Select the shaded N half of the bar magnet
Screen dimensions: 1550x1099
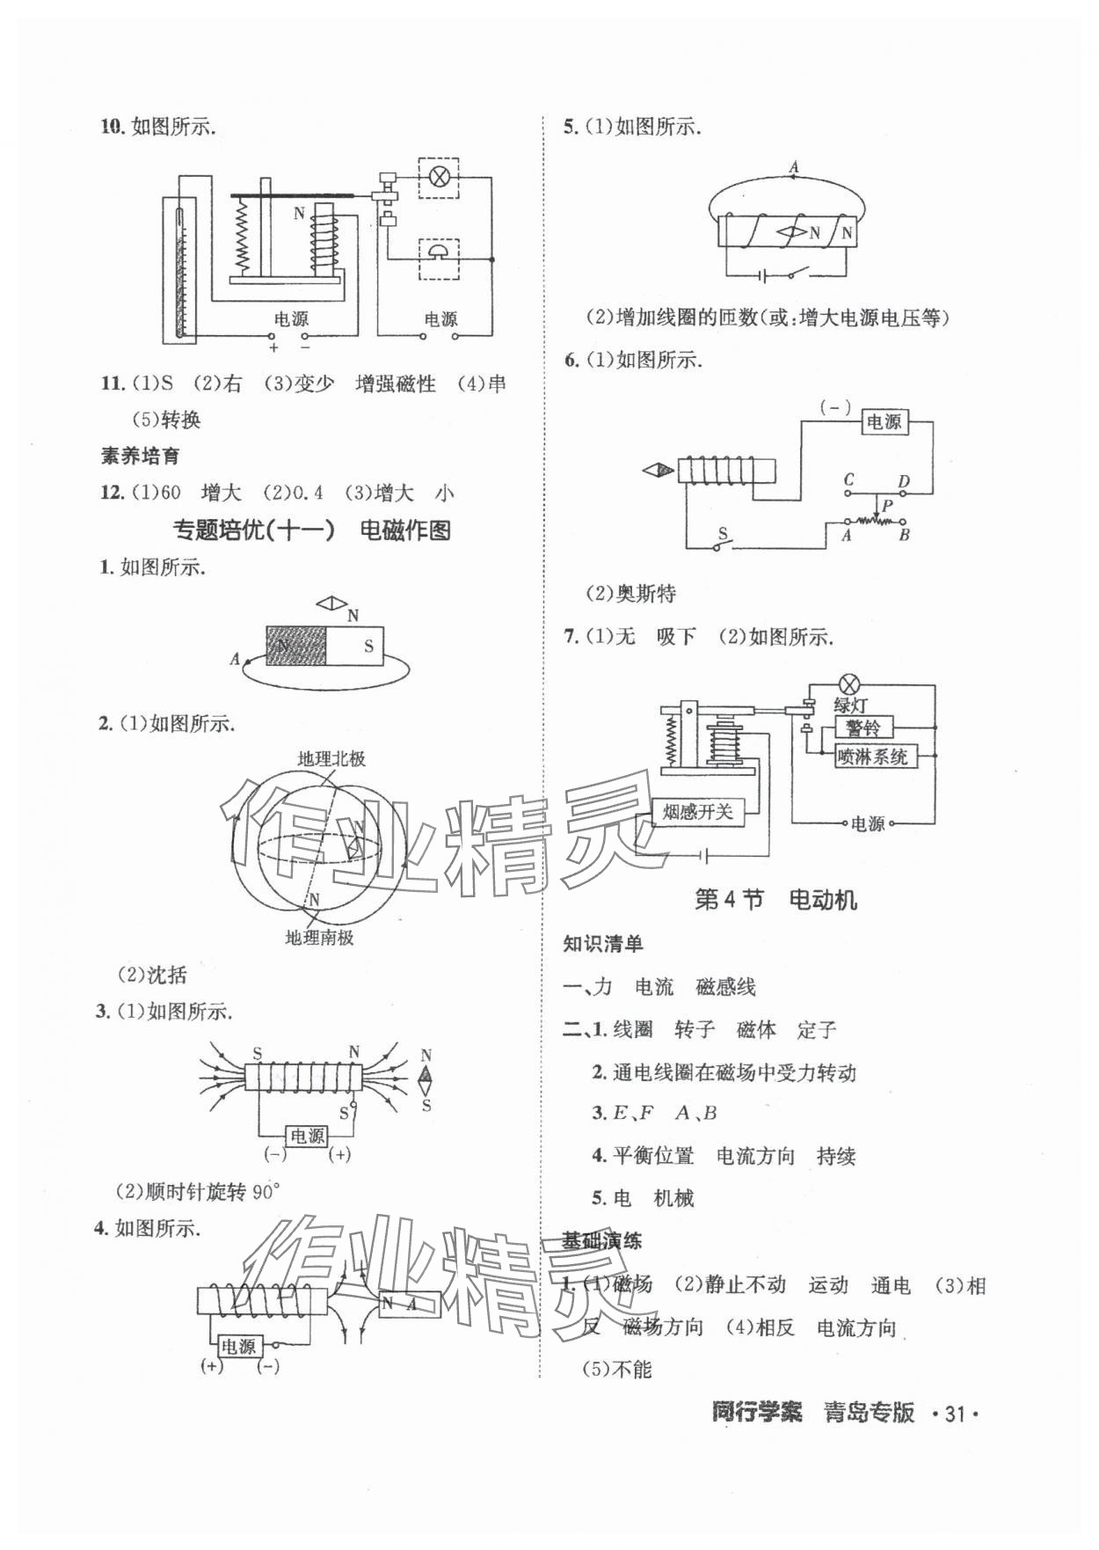296,647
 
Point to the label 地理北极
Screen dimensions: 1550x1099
331,758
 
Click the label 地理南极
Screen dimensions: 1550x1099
319,938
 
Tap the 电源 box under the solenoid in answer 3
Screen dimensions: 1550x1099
307,1136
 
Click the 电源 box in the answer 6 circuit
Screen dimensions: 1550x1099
884,421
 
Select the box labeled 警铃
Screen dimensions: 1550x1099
862,727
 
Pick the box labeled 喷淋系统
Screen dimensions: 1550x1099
872,756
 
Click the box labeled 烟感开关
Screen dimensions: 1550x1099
697,812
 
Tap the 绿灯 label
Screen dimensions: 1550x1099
849,705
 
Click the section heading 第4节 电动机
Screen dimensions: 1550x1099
775,900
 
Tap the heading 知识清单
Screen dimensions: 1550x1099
603,944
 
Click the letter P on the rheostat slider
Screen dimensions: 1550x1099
887,505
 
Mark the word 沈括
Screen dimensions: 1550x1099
166,975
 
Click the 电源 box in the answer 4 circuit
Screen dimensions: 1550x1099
237,1347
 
